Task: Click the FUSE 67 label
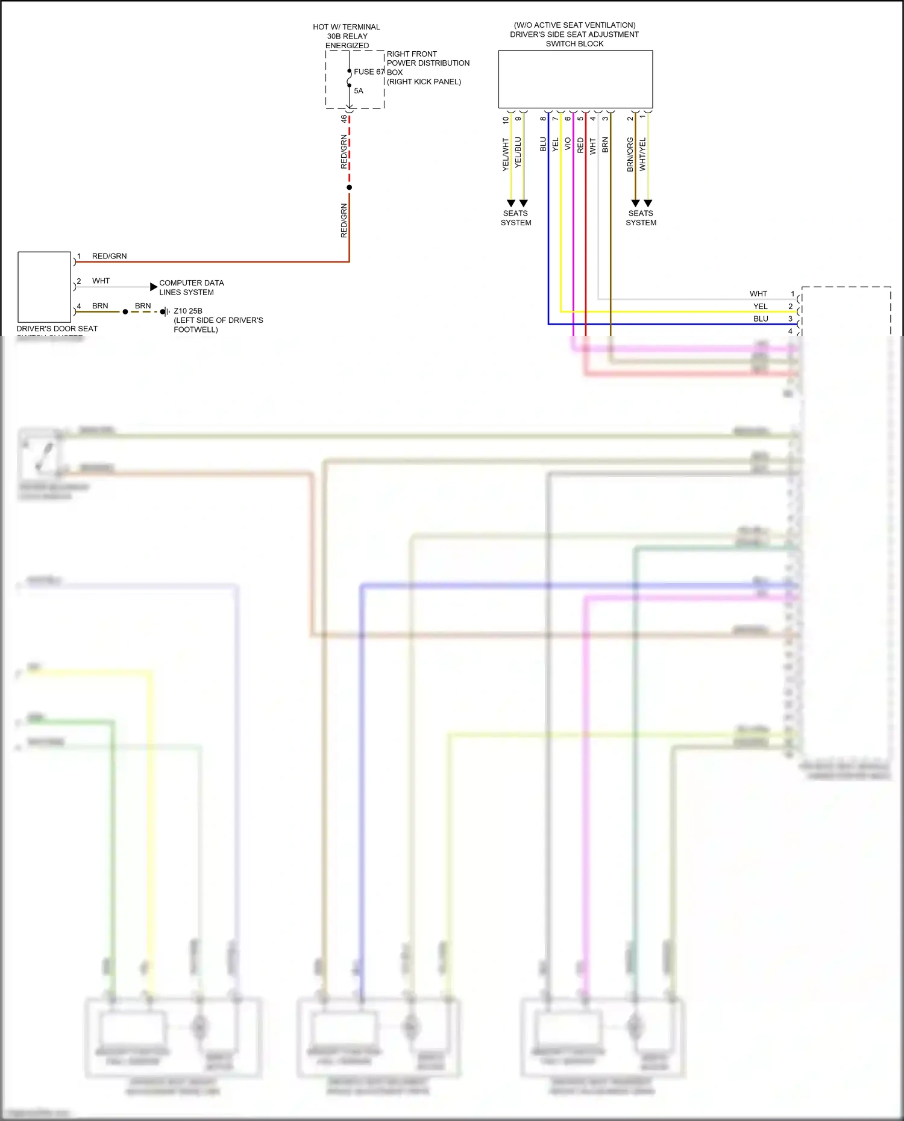pos(368,72)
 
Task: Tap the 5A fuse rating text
pos(359,91)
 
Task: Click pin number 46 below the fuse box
pos(344,119)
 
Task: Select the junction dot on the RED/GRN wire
pos(350,187)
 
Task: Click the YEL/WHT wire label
pos(506,154)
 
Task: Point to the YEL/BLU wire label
pos(518,152)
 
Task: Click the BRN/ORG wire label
pos(630,154)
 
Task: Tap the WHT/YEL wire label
pos(642,154)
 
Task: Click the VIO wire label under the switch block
pos(568,145)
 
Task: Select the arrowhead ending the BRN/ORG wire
pos(635,204)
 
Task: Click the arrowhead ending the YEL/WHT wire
pos(511,204)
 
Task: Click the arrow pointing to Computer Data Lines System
pos(154,287)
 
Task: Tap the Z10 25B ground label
pos(188,311)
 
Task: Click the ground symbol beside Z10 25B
pos(164,311)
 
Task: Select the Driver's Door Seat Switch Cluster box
pos(45,287)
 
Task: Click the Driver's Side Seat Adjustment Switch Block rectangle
pos(575,79)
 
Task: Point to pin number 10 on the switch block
pos(506,119)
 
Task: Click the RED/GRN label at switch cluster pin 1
pos(109,256)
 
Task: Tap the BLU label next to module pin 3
pos(761,319)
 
